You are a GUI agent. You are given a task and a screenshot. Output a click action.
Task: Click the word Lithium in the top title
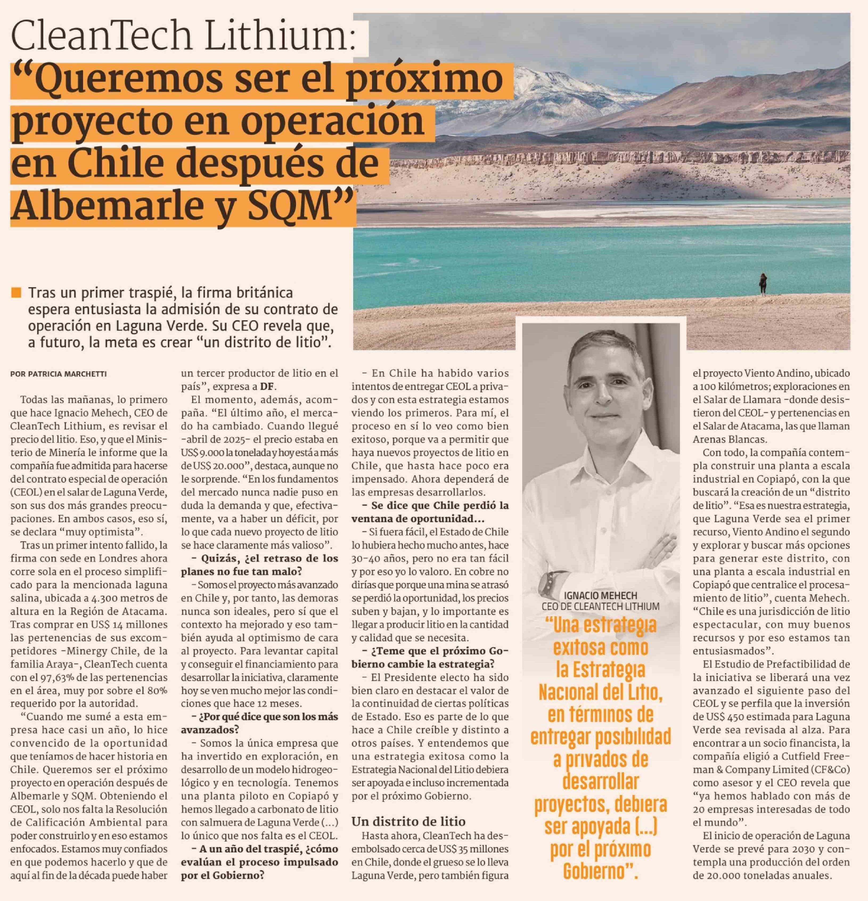(x=280, y=36)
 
